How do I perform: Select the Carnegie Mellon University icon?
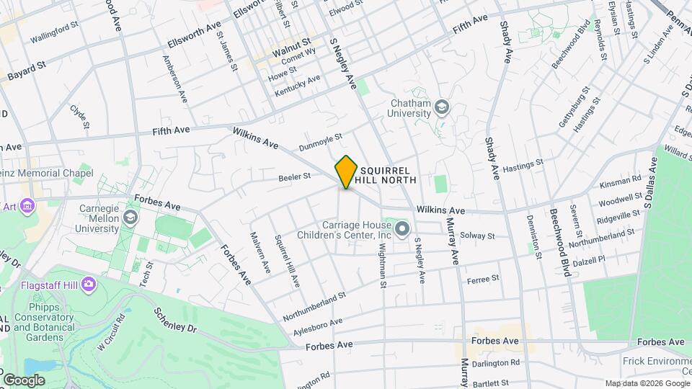[131, 217]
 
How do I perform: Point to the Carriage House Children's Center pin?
[402, 230]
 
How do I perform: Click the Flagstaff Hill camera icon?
[89, 283]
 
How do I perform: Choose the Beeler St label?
[294, 176]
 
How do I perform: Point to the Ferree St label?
[483, 279]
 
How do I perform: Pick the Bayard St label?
[27, 71]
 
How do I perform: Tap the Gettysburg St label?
[575, 108]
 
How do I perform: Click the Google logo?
[24, 380]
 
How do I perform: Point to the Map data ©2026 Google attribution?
[647, 383]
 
